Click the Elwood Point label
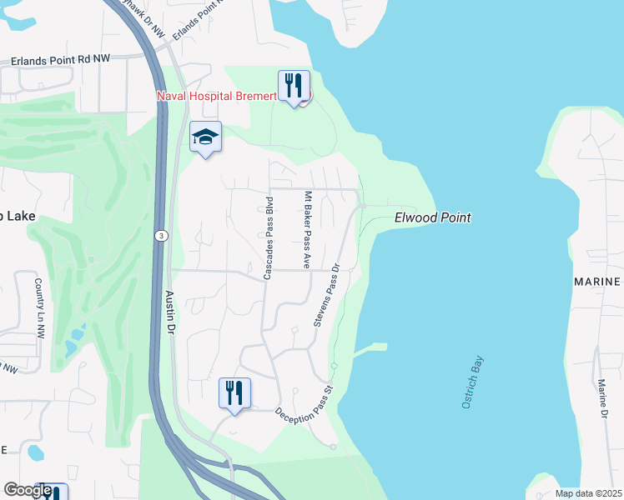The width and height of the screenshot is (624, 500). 432,217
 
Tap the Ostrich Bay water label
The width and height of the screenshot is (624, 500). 472,382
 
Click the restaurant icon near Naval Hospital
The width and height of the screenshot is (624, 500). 294,87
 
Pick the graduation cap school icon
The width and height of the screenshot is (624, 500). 205,137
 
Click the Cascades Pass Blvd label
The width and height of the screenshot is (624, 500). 269,237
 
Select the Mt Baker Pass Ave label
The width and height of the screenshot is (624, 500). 307,230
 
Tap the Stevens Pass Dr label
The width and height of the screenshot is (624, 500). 327,295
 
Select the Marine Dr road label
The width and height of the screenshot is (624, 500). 602,398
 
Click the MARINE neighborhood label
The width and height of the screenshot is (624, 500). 597,282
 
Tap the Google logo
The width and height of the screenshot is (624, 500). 28,490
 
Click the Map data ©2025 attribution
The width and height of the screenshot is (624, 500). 587,493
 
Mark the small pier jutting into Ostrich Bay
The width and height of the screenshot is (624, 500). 371,349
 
